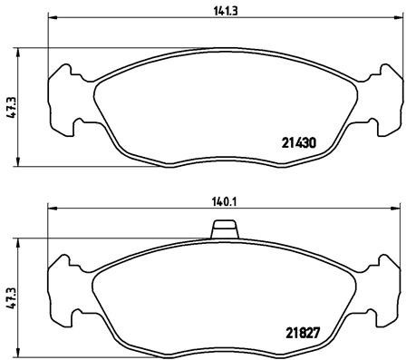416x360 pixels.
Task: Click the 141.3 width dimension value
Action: [x=217, y=11]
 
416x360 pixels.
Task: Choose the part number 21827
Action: [x=296, y=329]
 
